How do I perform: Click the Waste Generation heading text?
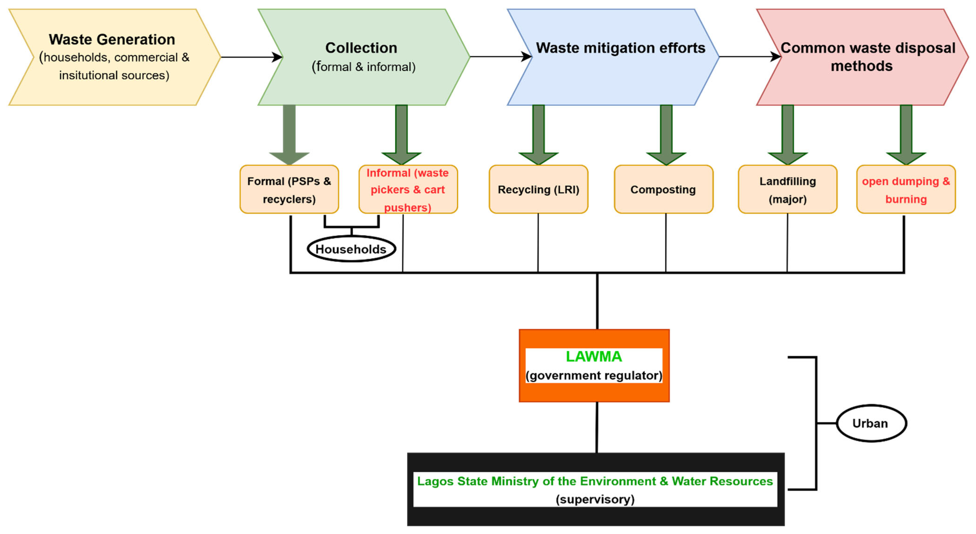[112, 39]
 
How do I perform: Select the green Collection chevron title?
[361, 48]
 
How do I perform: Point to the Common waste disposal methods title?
[868, 57]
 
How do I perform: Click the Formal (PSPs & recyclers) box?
[289, 190]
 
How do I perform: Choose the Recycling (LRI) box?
[538, 190]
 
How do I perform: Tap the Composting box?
[663, 190]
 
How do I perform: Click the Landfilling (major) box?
[787, 190]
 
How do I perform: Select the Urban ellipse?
[871, 423]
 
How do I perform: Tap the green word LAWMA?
[594, 357]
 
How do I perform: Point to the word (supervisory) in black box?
[595, 499]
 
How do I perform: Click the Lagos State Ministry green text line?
[595, 481]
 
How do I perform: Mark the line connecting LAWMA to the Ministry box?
[597, 427]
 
